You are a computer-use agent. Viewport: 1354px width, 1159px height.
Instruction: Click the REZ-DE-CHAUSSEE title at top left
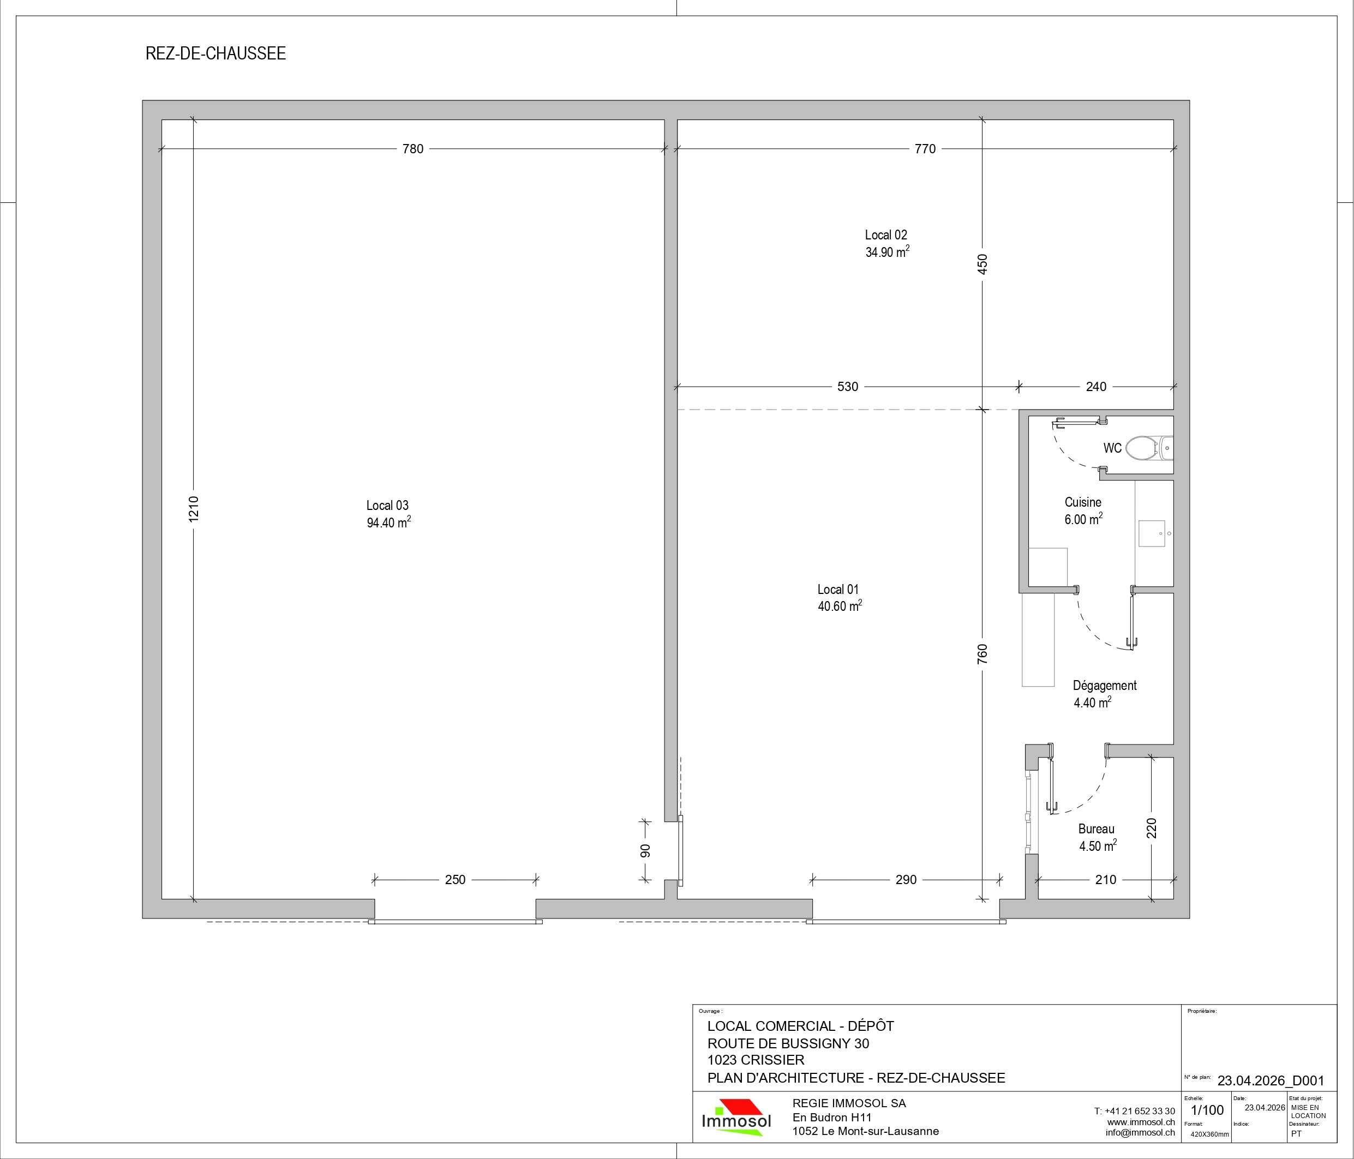pyautogui.click(x=215, y=53)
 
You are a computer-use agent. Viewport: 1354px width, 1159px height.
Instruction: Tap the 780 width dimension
pyautogui.click(x=413, y=149)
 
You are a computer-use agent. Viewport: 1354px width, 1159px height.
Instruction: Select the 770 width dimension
pyautogui.click(x=925, y=149)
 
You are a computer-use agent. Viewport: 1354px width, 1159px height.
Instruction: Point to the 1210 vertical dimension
pyautogui.click(x=194, y=509)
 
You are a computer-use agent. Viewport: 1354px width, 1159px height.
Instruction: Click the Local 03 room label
pyautogui.click(x=387, y=505)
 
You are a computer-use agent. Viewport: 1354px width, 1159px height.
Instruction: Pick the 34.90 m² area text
pyautogui.click(x=888, y=251)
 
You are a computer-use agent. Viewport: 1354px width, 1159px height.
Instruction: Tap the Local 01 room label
pyautogui.click(x=838, y=589)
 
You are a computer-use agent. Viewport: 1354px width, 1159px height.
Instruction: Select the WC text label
pyautogui.click(x=1112, y=448)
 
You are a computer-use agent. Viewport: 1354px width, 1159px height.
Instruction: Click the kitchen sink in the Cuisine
pyautogui.click(x=1152, y=533)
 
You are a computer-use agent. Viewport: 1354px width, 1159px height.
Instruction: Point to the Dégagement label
pyautogui.click(x=1104, y=686)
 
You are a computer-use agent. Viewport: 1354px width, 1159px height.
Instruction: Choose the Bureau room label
pyautogui.click(x=1097, y=829)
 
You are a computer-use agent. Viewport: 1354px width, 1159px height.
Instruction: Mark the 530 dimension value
pyautogui.click(x=848, y=387)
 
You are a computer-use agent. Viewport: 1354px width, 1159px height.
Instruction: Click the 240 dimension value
pyautogui.click(x=1096, y=387)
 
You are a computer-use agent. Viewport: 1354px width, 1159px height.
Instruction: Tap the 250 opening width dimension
pyautogui.click(x=455, y=880)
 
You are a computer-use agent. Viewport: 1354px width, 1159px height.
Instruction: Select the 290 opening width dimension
pyautogui.click(x=906, y=880)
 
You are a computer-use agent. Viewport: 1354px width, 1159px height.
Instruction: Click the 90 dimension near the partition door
pyautogui.click(x=645, y=851)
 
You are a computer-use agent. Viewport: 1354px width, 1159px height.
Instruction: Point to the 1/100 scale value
pyautogui.click(x=1207, y=1110)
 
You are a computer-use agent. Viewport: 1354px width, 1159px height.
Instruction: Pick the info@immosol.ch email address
pyautogui.click(x=1140, y=1132)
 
